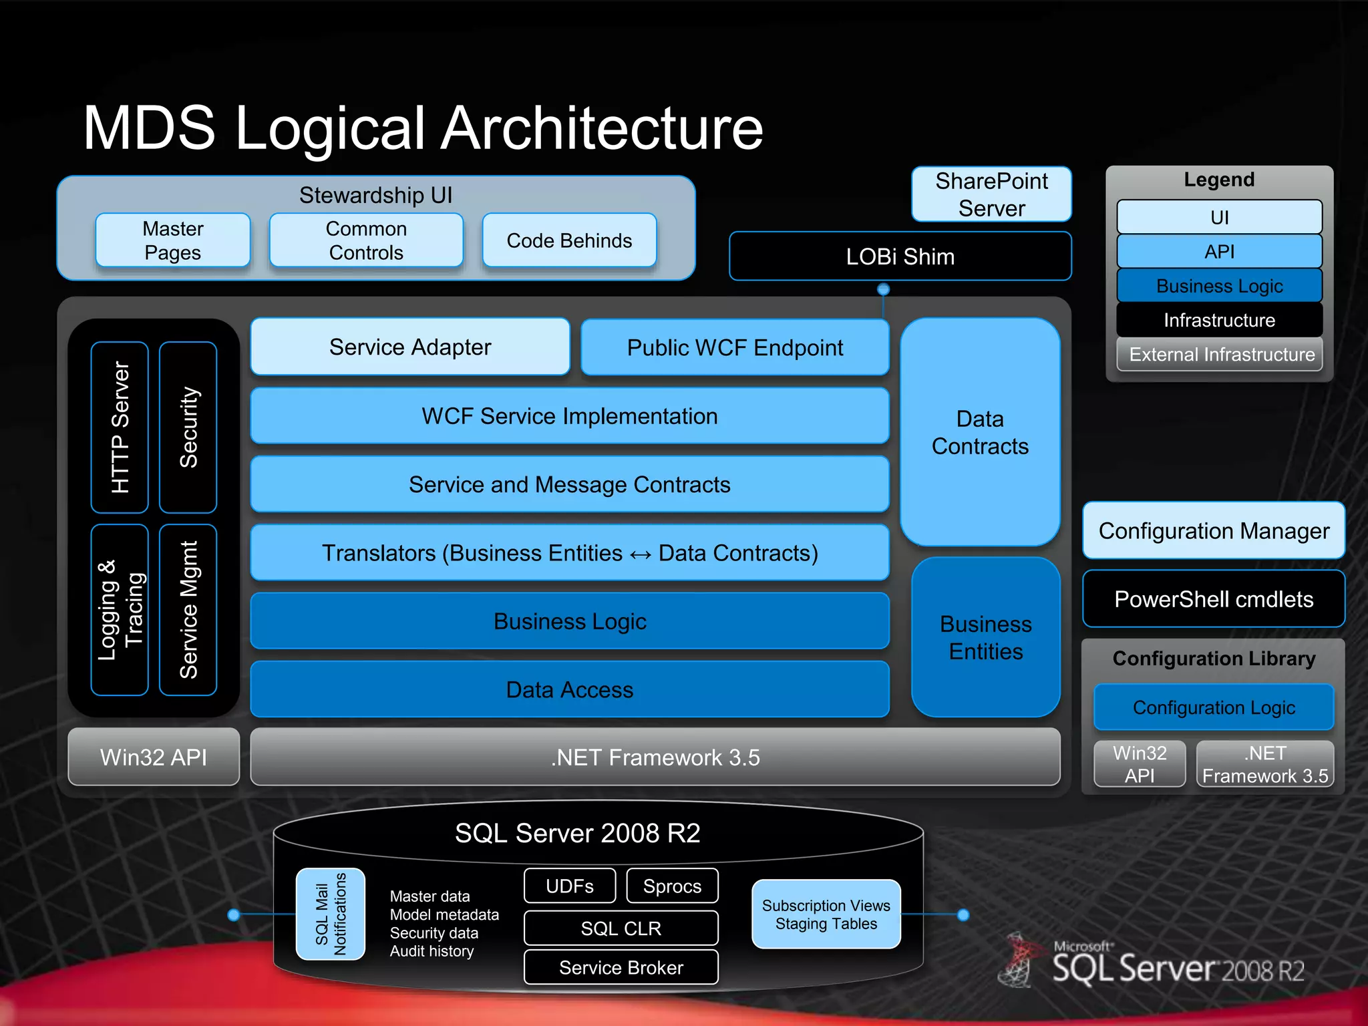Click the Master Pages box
173,240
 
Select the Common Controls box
366,240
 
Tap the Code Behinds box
569,240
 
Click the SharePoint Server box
991,194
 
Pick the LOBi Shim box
900,256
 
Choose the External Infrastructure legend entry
1220,354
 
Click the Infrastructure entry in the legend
1220,320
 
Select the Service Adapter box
410,347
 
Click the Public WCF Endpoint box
735,347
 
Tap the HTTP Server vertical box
120,427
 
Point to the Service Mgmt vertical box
188,610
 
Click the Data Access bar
569,689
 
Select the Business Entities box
986,637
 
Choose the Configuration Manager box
1214,531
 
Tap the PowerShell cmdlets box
1214,599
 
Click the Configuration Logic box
1214,707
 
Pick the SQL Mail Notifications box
331,914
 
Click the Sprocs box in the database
672,886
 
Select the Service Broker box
621,967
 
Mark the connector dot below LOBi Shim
883,289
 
